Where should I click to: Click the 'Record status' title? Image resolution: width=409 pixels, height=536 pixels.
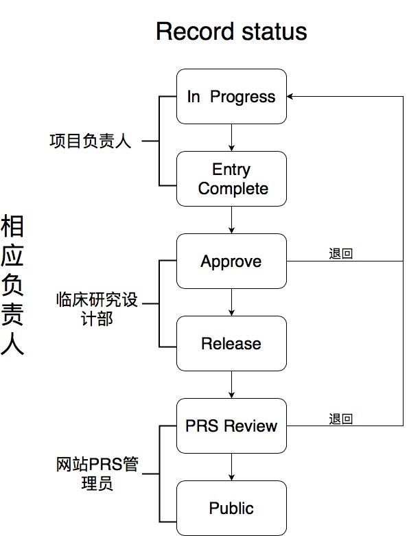click(x=231, y=32)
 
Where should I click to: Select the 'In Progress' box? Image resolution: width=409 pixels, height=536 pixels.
click(x=231, y=96)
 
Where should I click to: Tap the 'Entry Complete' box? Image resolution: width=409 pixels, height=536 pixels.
click(x=231, y=178)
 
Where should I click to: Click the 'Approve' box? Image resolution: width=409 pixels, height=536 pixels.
click(x=231, y=261)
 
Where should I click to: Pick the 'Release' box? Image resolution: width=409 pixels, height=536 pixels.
click(x=231, y=344)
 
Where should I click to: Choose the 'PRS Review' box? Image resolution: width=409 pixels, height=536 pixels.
click(x=231, y=426)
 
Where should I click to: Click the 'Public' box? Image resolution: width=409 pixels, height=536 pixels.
click(x=231, y=508)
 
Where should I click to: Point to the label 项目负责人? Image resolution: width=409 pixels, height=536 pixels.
click(x=90, y=141)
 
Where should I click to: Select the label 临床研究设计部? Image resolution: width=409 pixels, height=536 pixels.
click(x=97, y=309)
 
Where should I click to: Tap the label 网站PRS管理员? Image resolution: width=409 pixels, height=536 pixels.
click(x=97, y=474)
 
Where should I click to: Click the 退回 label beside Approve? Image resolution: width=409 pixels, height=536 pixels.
click(x=340, y=254)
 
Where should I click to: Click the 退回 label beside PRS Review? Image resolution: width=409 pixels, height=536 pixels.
click(x=340, y=419)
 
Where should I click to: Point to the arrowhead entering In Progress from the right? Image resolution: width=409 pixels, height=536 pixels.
click(x=290, y=96)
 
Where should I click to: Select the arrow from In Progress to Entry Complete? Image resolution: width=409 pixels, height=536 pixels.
click(x=231, y=137)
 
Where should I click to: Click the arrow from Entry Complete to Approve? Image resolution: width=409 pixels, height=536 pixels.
click(x=231, y=220)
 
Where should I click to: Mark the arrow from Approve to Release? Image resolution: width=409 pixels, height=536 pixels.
click(x=231, y=302)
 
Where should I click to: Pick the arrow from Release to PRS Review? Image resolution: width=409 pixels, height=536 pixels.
click(x=231, y=384)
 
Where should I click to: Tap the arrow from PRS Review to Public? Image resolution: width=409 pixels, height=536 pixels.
click(x=231, y=467)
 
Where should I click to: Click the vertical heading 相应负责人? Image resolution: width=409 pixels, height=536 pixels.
click(x=12, y=285)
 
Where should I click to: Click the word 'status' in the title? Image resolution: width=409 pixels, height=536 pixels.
click(x=274, y=32)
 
